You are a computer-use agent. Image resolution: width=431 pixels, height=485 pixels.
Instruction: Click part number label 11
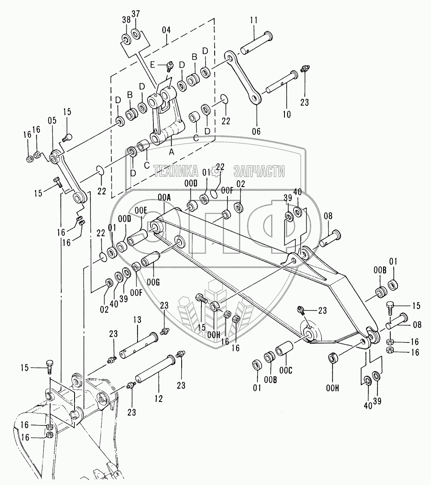click(254, 20)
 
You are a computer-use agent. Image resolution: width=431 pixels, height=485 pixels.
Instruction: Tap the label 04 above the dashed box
click(166, 30)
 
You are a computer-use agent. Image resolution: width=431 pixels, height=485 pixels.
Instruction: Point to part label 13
click(137, 319)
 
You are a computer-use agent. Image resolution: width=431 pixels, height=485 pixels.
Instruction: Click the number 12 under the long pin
click(159, 399)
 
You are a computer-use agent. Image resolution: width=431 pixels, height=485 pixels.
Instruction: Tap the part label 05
click(52, 121)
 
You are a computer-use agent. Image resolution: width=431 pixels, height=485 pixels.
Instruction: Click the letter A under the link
click(172, 151)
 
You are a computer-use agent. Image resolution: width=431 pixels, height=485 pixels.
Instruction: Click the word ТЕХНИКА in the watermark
click(176, 172)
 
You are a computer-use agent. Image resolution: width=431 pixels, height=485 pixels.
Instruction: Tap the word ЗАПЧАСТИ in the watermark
click(259, 172)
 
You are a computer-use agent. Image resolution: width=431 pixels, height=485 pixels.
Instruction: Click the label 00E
click(141, 211)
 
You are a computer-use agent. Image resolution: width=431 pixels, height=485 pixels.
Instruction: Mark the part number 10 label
click(287, 114)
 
